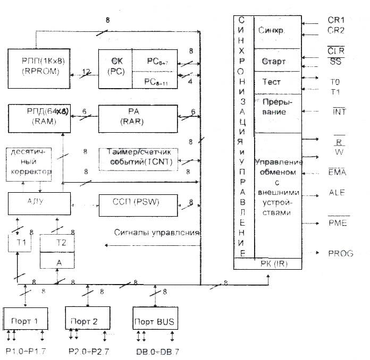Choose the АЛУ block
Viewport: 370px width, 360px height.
(39, 202)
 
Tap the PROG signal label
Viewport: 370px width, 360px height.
(341, 253)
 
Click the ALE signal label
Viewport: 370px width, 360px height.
(337, 193)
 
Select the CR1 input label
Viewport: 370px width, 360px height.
(337, 20)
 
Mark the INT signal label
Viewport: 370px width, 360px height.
(339, 112)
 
